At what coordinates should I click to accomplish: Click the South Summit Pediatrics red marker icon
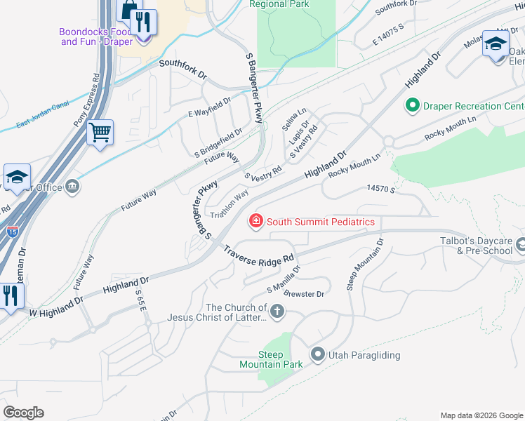point(256,222)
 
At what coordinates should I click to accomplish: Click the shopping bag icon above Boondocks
point(129,11)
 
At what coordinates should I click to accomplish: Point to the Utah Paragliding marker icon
point(317,355)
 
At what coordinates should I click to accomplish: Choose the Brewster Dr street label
point(305,295)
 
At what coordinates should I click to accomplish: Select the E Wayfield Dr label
point(209,105)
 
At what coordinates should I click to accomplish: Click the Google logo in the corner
point(23,413)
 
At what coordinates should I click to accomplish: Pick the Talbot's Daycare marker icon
point(520,245)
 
